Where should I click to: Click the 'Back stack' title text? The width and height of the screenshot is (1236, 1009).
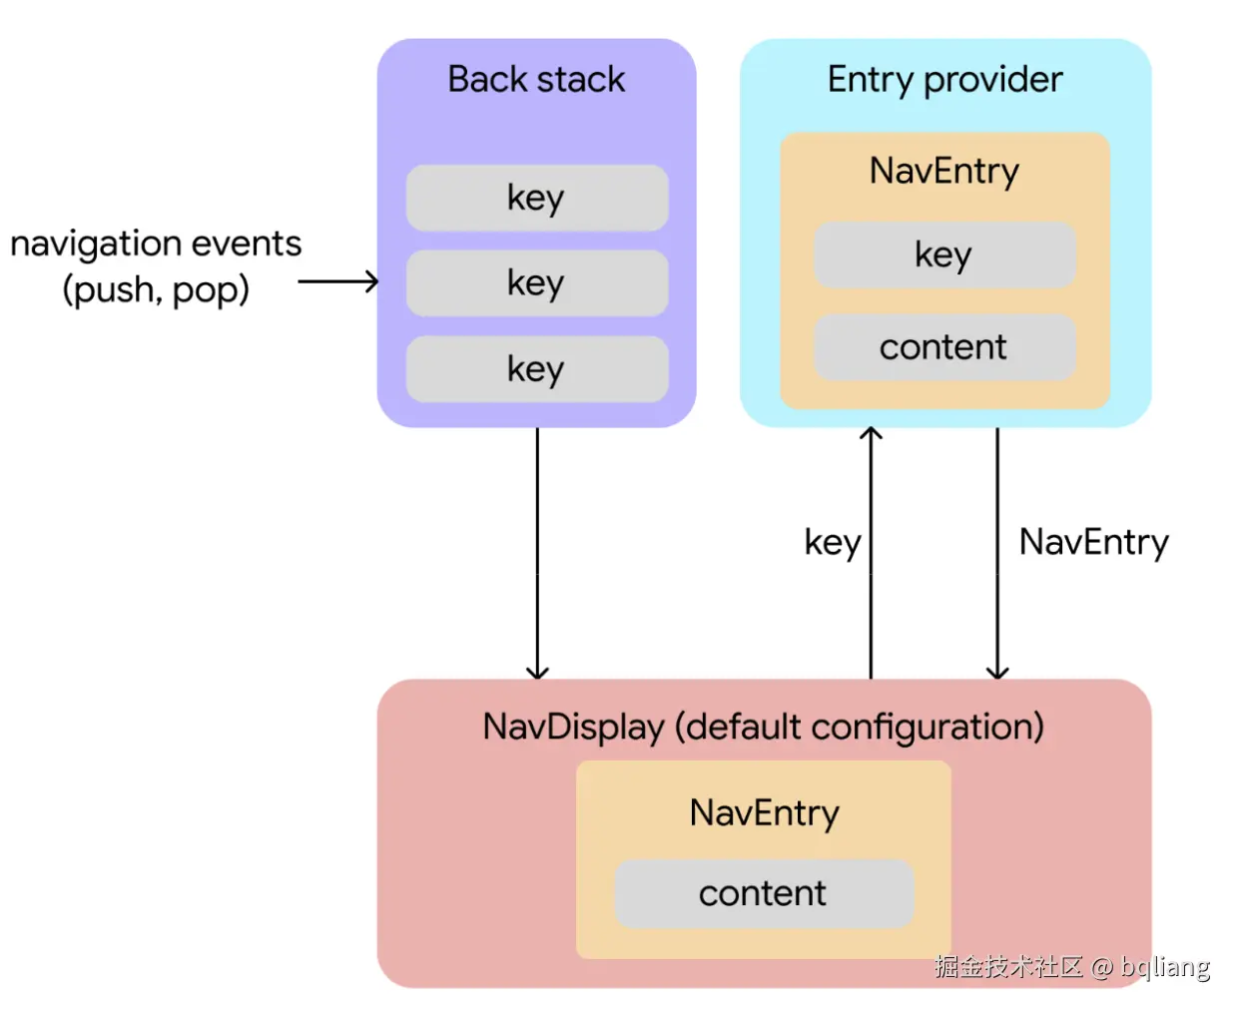click(x=536, y=79)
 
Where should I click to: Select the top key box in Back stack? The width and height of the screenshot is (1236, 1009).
click(x=536, y=198)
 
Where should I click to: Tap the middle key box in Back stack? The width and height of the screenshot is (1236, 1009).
click(x=536, y=283)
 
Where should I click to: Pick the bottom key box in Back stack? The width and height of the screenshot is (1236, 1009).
click(x=536, y=369)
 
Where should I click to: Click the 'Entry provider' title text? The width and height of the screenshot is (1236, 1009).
click(x=944, y=79)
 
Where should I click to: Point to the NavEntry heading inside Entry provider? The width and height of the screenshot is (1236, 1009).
click(x=943, y=171)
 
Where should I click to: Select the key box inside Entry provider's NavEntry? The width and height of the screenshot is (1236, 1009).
click(x=943, y=254)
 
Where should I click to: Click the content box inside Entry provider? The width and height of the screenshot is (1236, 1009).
click(x=943, y=347)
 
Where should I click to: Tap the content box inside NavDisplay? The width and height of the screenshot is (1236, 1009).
click(x=763, y=893)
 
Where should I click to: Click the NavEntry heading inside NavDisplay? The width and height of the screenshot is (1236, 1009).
click(x=764, y=812)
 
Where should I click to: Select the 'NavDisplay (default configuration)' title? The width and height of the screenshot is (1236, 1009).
click(x=763, y=727)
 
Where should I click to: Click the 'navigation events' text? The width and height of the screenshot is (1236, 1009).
click(x=156, y=244)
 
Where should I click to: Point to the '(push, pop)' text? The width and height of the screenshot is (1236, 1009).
click(x=156, y=290)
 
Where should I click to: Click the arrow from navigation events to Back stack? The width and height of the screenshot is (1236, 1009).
click(x=337, y=281)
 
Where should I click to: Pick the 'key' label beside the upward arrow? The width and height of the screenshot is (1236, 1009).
click(x=832, y=543)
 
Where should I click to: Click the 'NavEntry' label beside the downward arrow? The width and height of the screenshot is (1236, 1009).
click(x=1093, y=542)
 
